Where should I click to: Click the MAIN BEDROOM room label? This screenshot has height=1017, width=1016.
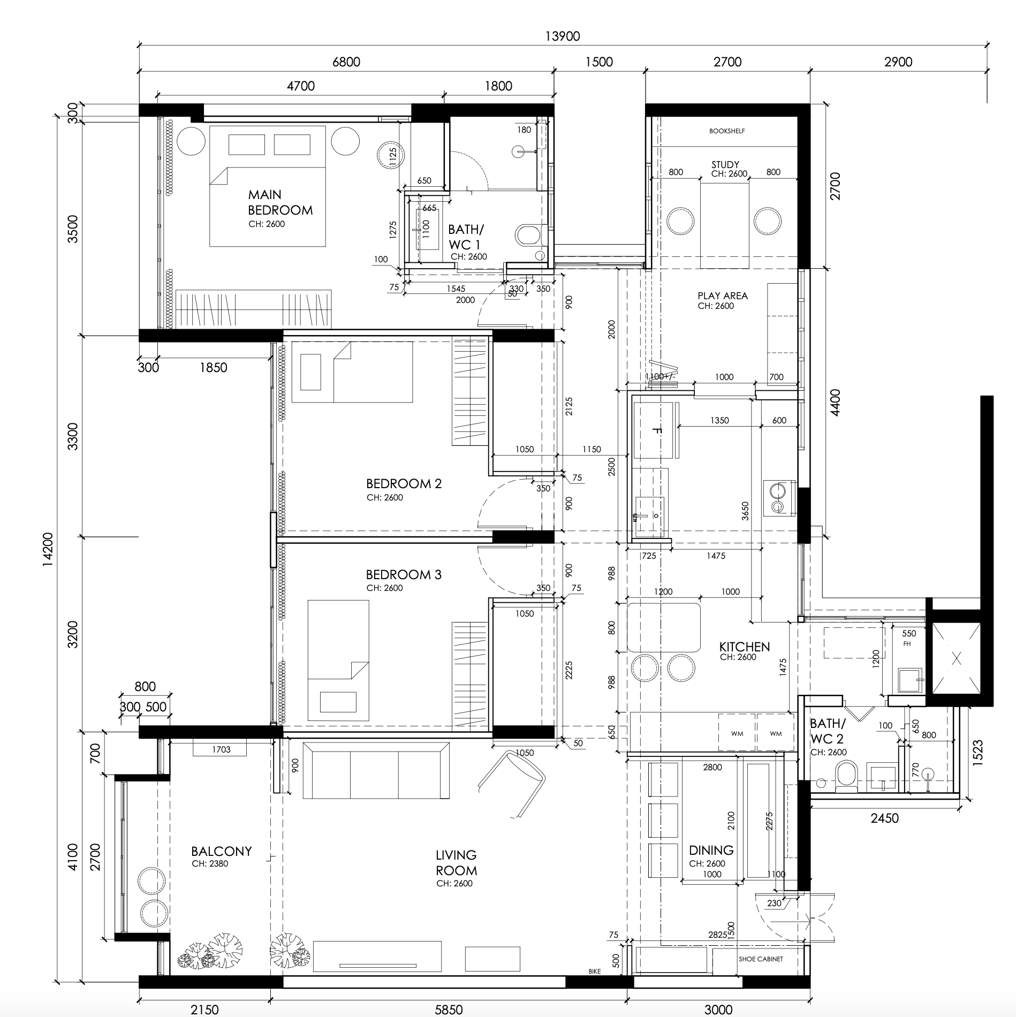point(280,202)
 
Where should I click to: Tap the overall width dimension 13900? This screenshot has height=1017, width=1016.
point(562,36)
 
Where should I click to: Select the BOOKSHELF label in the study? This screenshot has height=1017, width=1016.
point(726,131)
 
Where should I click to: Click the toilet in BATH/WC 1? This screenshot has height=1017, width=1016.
point(527,234)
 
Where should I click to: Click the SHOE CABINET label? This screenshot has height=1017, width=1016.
point(760,959)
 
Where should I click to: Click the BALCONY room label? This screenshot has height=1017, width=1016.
point(221,851)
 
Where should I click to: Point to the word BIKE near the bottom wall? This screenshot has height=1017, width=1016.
point(594,971)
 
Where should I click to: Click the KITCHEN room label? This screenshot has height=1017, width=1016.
point(744,647)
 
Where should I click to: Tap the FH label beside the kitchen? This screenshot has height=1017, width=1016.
point(907,644)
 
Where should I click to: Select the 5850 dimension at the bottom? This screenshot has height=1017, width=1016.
point(449,1010)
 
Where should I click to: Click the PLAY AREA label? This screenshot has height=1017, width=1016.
point(722,295)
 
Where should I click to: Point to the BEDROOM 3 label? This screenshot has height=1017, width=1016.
point(403,575)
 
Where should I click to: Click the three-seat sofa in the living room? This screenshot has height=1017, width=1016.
point(375,770)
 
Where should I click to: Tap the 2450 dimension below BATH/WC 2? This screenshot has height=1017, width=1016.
point(884,818)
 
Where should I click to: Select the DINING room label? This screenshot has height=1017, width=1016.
point(711,850)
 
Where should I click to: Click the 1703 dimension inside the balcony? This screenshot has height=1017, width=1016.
point(221,749)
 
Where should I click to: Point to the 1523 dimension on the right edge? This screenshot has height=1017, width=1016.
point(977,754)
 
